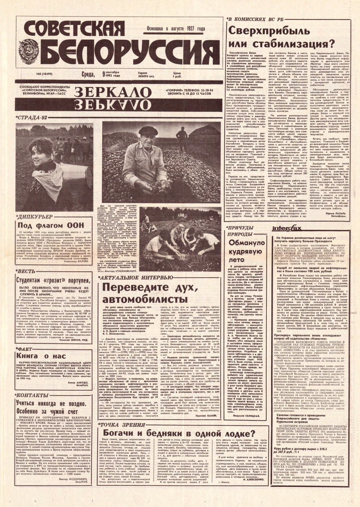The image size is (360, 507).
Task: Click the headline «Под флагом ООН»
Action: click(x=50, y=225)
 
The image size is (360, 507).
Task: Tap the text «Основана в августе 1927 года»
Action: click(x=180, y=29)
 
